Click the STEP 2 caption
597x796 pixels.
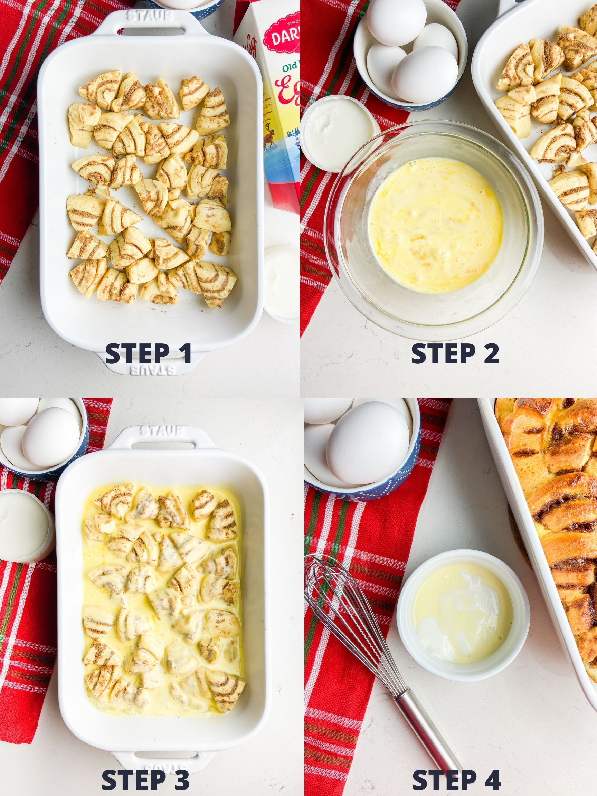tap(455, 354)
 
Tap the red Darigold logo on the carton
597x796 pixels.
tap(283, 34)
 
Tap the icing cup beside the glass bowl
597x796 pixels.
tap(337, 135)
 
